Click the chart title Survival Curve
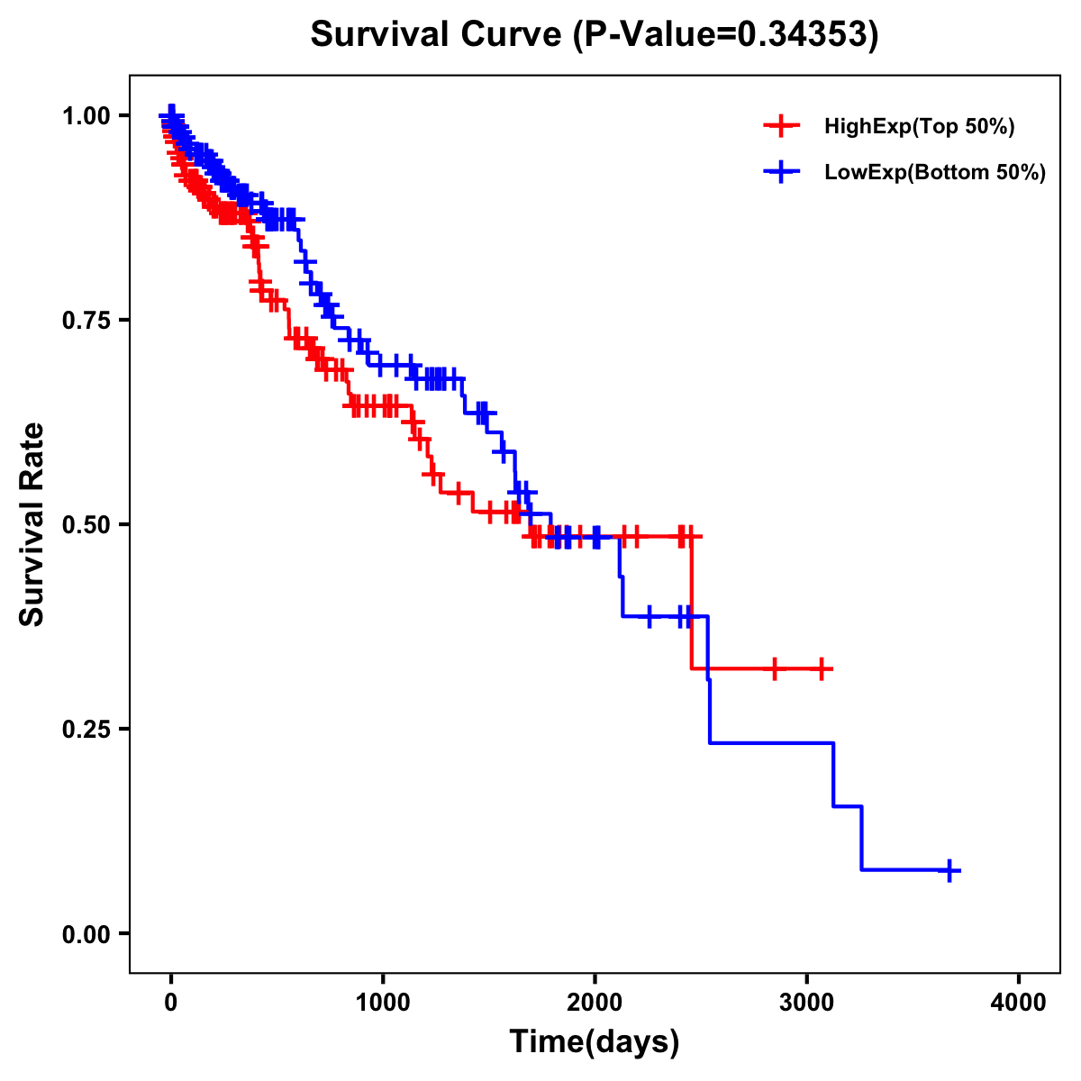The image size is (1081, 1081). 439,34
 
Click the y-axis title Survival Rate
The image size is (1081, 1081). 32,523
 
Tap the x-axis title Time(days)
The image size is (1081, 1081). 595,1041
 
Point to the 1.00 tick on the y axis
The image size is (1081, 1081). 86,115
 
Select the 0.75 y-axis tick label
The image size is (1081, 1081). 86,320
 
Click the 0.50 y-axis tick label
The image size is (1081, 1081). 86,524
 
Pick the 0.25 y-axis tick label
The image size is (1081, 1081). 86,729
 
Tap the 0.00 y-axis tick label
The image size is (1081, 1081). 86,933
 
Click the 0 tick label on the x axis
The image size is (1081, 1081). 171,1002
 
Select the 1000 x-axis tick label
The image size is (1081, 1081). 383,1002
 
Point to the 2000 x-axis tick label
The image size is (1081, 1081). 595,1002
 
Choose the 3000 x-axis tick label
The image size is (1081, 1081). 807,1002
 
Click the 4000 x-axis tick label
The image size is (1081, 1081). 1019,1002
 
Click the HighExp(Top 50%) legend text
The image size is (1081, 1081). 920,127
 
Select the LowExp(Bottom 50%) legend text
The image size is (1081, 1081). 935,172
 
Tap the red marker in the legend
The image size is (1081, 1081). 781,126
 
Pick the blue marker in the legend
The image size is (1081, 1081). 781,171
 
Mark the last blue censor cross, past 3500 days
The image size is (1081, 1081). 949,870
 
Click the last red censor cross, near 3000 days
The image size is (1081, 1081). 822,668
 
